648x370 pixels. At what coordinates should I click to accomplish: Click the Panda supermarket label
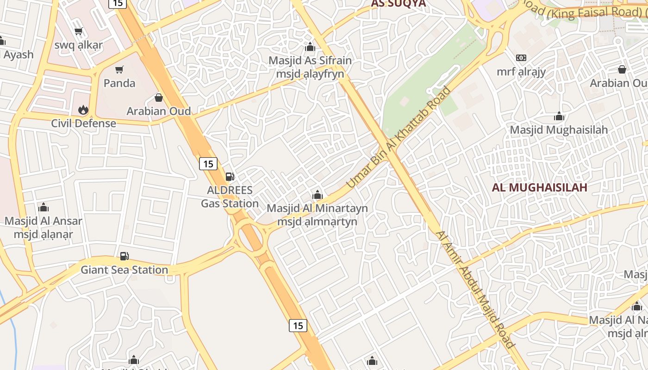click(x=119, y=83)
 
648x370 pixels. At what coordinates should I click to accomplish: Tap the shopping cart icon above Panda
click(x=119, y=70)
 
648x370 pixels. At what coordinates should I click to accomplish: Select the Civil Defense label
click(x=83, y=123)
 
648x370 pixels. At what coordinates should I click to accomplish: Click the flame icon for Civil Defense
click(x=83, y=110)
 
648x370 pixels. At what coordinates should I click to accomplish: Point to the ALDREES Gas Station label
click(x=230, y=197)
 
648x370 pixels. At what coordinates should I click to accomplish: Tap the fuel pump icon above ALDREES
click(x=230, y=177)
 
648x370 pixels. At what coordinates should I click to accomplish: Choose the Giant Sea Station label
click(x=124, y=270)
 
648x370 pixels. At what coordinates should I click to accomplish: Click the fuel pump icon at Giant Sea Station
click(x=124, y=256)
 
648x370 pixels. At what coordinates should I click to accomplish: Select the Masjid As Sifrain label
click(x=310, y=61)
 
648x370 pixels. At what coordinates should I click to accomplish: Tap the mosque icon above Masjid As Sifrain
click(x=310, y=47)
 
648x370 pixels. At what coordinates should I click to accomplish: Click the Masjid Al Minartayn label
click(x=318, y=208)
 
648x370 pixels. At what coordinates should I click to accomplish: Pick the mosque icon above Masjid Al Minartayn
click(x=318, y=195)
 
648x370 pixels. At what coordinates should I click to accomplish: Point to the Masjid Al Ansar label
click(x=44, y=221)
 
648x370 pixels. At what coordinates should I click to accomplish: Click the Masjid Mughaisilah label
click(x=559, y=130)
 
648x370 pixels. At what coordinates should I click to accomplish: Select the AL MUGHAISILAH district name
click(x=539, y=187)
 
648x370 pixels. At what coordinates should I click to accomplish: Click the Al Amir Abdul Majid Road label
click(x=475, y=289)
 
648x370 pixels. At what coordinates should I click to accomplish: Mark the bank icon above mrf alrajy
click(x=521, y=58)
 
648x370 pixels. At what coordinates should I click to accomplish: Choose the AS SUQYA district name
click(x=398, y=4)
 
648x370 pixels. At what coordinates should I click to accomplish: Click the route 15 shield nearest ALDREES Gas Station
click(x=208, y=163)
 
